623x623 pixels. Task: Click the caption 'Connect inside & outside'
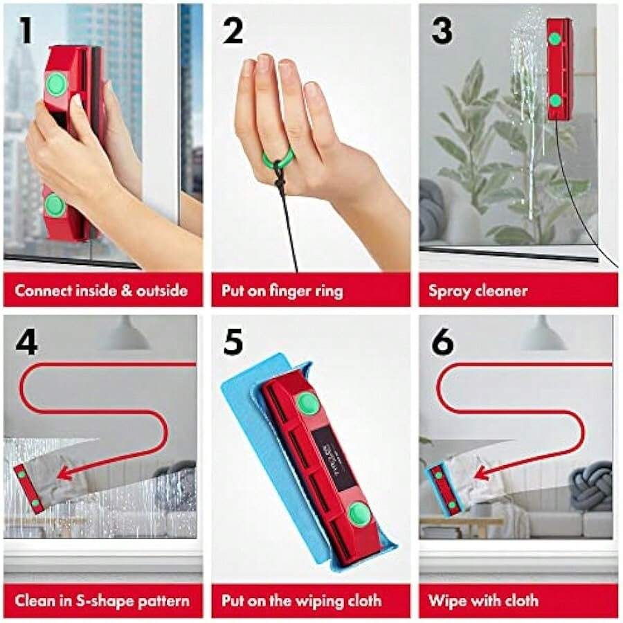pos(101,290)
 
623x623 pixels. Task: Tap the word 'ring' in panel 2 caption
pos(327,291)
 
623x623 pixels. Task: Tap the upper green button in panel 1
pos(56,84)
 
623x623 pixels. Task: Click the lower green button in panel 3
pos(555,100)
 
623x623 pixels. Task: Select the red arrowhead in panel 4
pos(64,473)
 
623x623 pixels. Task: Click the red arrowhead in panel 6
pos(480,474)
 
